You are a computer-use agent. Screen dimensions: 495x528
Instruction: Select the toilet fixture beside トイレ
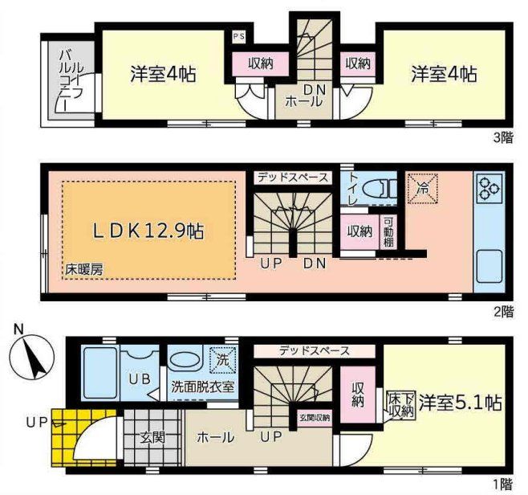click(x=377, y=188)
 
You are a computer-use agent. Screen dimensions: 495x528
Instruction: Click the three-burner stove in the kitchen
click(x=489, y=190)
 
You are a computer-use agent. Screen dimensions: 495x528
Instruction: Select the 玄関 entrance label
click(x=152, y=437)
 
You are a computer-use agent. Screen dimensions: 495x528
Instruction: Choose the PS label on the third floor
click(x=239, y=36)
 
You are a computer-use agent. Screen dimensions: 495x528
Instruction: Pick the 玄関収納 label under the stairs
click(x=314, y=417)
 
